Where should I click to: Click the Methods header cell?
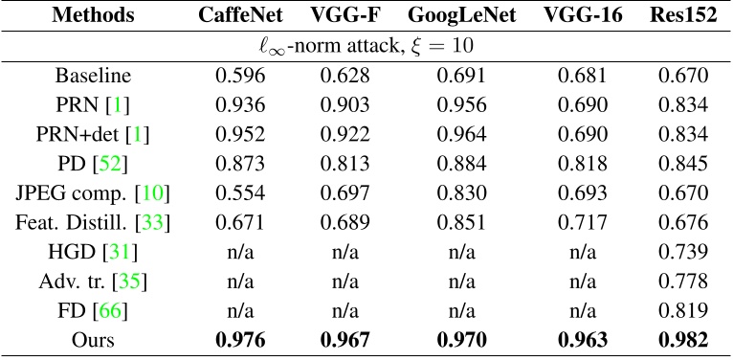94,16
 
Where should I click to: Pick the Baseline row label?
94,75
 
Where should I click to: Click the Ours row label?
94,340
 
